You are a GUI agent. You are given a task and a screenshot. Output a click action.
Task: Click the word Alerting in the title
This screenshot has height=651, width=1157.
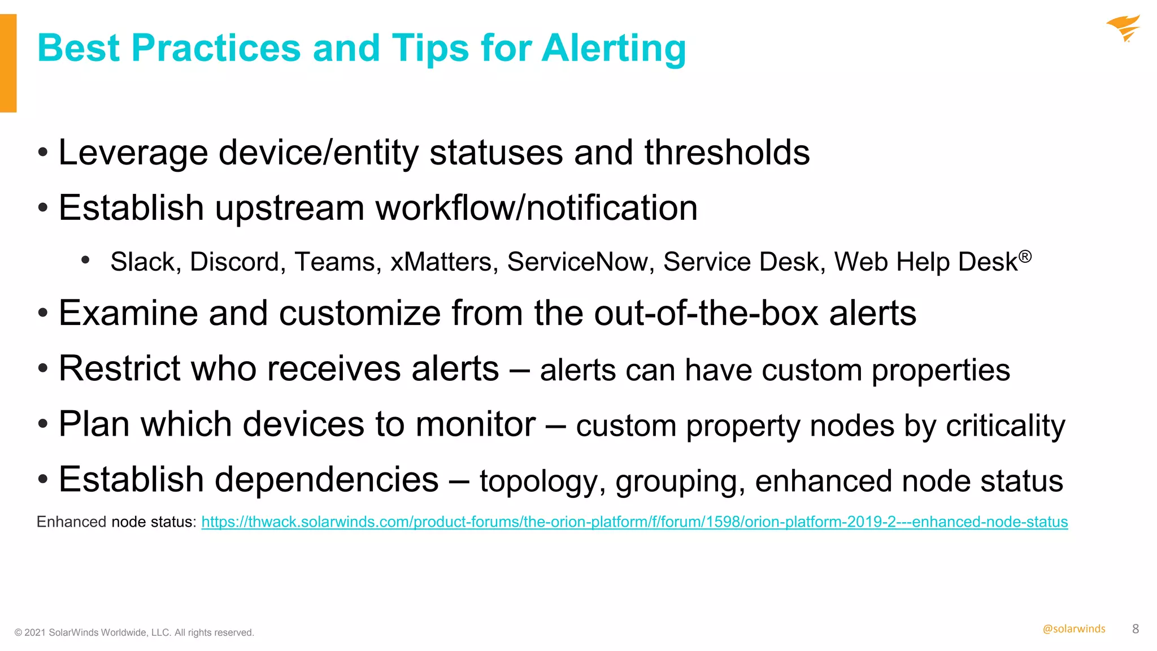coord(614,49)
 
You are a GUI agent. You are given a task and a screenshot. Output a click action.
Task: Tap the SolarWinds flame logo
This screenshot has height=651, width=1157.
coord(1124,28)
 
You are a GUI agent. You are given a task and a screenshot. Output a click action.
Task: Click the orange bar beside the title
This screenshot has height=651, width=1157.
coord(8,63)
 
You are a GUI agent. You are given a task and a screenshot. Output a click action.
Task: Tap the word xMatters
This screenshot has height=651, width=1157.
coord(444,262)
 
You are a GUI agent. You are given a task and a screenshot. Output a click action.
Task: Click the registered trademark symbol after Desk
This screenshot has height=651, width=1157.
coord(1025,257)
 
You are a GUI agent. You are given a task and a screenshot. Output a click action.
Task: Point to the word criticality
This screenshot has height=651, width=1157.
coord(1005,426)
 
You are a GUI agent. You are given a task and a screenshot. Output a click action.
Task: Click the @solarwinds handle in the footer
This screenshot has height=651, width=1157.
coord(1073,629)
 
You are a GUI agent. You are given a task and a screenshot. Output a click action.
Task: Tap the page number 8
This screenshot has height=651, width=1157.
coord(1136,629)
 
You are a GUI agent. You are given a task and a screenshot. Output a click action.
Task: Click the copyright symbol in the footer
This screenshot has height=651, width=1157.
coord(18,633)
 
